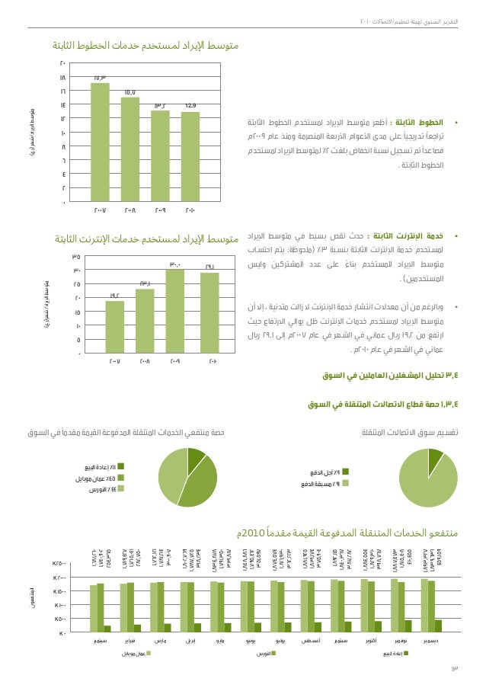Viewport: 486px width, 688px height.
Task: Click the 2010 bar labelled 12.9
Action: pos(190,156)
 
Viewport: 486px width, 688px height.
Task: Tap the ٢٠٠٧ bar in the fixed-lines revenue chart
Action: pos(100,142)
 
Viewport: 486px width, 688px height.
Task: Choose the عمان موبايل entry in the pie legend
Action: pos(95,478)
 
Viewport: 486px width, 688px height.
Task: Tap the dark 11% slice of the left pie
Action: pos(195,456)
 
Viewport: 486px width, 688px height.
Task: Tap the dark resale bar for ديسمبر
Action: pos(438,626)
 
